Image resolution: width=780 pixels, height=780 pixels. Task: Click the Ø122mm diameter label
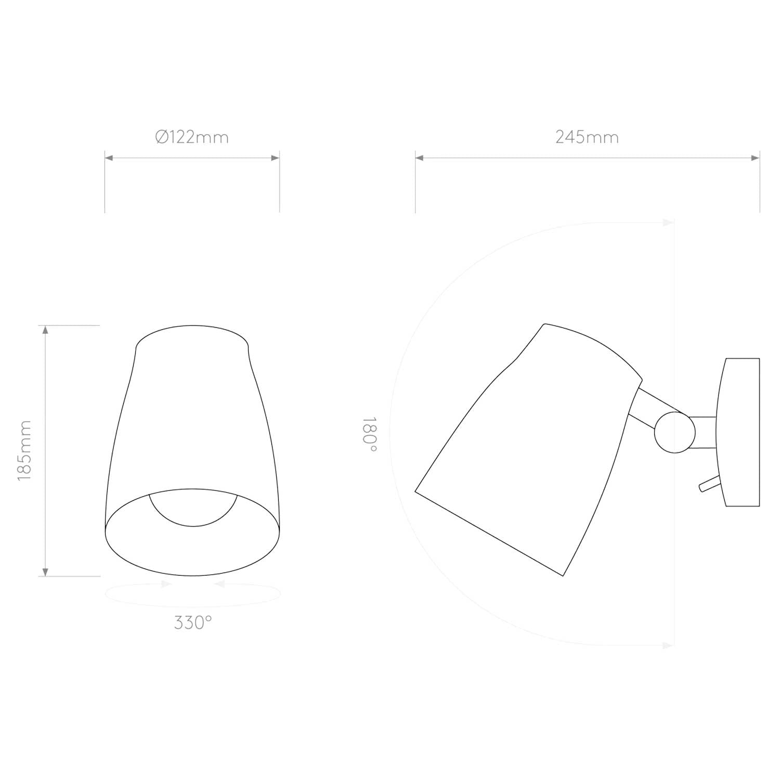192,137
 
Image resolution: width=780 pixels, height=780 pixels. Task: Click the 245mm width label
587,137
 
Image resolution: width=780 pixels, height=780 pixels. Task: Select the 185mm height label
24,450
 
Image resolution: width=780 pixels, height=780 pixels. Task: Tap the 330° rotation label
193,622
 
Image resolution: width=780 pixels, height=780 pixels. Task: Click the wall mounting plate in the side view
738,432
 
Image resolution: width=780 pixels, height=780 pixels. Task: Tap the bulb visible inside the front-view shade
193,510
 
